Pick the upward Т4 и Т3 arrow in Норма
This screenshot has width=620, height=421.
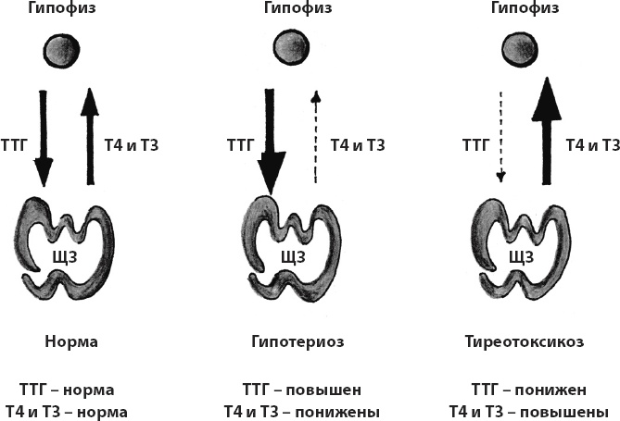click(88, 134)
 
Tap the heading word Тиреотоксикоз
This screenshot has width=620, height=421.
click(525, 341)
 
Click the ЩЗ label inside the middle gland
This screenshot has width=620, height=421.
click(291, 254)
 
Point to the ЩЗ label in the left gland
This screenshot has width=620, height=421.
click(62, 254)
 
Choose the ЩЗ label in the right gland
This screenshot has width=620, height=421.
click(522, 254)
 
